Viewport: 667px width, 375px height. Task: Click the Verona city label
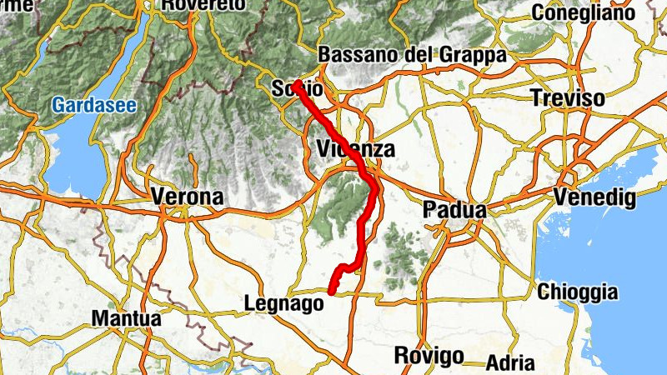188,197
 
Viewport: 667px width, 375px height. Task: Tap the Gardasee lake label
93,106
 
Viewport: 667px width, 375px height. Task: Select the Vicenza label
355,150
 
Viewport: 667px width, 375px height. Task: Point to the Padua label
454,210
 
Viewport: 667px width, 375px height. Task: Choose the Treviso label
568,97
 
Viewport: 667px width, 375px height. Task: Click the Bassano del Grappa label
413,54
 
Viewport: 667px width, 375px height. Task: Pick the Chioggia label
578,292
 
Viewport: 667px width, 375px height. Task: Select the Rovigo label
429,356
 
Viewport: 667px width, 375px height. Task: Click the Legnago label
285,304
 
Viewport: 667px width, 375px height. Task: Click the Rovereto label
203,5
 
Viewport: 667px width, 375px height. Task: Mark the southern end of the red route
331,292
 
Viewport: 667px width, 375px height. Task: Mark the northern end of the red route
296,82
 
